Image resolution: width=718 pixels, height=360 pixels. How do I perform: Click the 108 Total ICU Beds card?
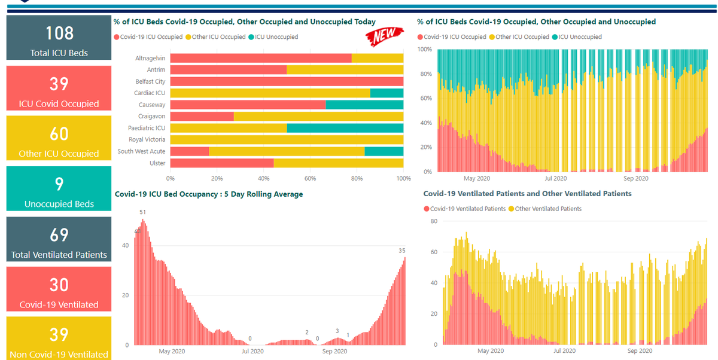[x=59, y=38]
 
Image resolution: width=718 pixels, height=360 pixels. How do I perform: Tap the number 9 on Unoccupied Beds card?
[x=59, y=184]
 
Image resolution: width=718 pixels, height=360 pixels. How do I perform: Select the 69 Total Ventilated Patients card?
[x=59, y=239]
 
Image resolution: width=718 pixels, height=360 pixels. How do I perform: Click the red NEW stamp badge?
[x=384, y=36]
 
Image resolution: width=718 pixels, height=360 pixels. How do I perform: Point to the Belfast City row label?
[x=150, y=81]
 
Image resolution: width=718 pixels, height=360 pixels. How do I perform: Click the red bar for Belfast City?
[x=287, y=81]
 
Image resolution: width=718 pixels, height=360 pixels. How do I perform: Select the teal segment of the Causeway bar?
[x=364, y=105]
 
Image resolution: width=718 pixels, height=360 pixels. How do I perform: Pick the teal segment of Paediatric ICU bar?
[x=345, y=128]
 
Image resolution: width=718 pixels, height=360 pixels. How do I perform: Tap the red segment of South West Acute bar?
[x=190, y=151]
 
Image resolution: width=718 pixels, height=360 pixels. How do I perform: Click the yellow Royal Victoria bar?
[x=287, y=140]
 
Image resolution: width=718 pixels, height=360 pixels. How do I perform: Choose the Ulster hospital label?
[x=157, y=163]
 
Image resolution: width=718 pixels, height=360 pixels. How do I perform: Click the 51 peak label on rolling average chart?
[x=142, y=212]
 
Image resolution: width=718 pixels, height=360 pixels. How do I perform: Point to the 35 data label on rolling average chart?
[x=402, y=251]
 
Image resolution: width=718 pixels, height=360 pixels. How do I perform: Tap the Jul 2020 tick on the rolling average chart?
[x=252, y=351]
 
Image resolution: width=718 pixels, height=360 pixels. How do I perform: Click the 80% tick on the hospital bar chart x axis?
[x=357, y=178]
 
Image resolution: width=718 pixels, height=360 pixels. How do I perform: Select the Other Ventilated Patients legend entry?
[x=545, y=209]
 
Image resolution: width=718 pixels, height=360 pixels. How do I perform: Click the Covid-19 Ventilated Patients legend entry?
[x=464, y=209]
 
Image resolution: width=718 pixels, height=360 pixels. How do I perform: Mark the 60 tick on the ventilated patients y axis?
[x=434, y=252]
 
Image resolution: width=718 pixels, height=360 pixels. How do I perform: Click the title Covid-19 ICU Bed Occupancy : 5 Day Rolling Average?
[x=209, y=194]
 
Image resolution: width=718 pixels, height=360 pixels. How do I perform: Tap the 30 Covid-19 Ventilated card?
[x=59, y=289]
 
